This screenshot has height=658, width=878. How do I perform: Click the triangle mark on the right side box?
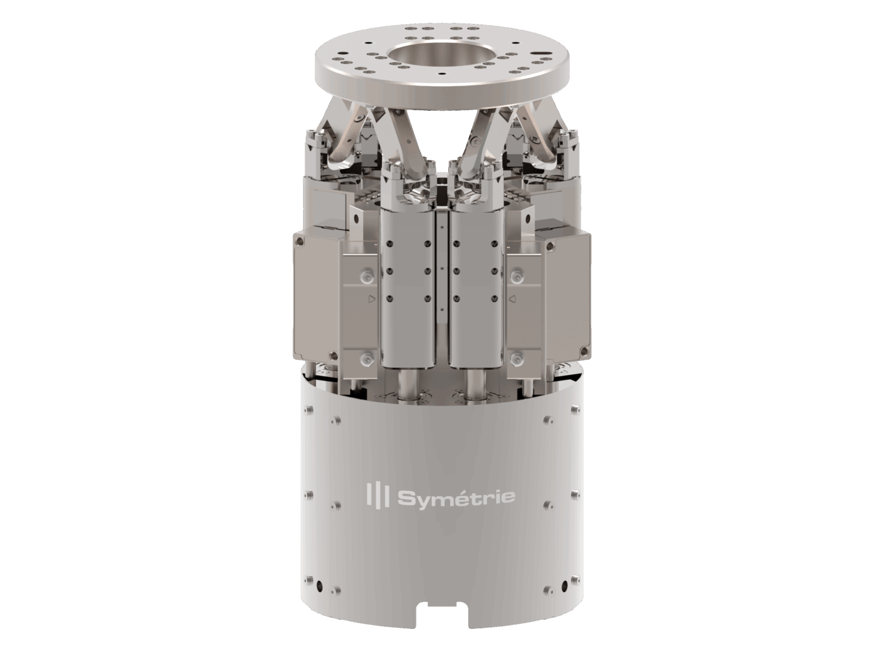pyautogui.click(x=512, y=298)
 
